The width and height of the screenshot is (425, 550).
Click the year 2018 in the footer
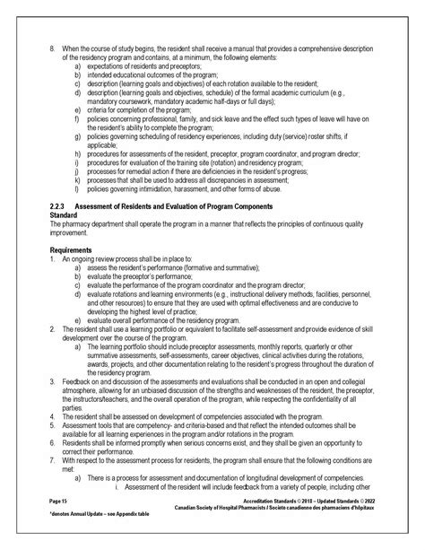[310, 518]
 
